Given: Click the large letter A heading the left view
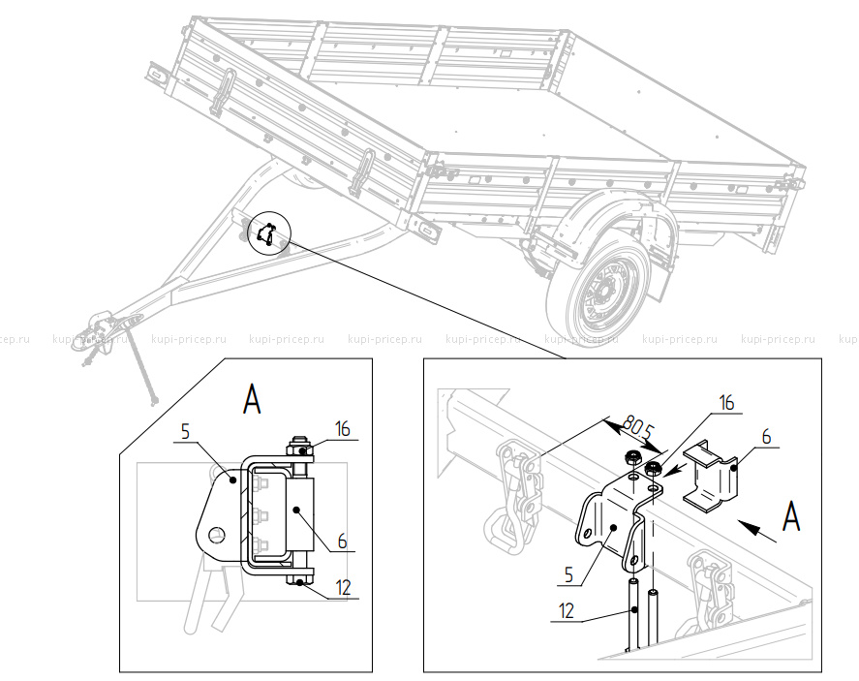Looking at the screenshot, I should click(x=252, y=397).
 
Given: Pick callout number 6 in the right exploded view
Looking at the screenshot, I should click(x=766, y=437).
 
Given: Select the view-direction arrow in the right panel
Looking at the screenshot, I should click(x=756, y=527).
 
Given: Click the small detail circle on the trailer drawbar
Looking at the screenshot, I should click(x=267, y=234).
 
